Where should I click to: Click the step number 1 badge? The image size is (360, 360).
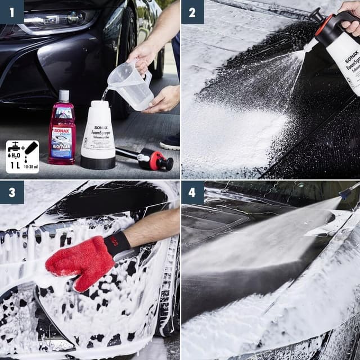(12, 11)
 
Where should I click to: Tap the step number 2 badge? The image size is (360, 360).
(192, 11)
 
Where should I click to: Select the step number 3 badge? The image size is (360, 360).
(12, 192)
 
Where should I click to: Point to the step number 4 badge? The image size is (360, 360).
(192, 192)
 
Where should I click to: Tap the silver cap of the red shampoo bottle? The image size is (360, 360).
(64, 96)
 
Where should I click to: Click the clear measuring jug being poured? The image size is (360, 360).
(130, 84)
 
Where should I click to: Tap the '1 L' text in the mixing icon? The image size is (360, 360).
(15, 166)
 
